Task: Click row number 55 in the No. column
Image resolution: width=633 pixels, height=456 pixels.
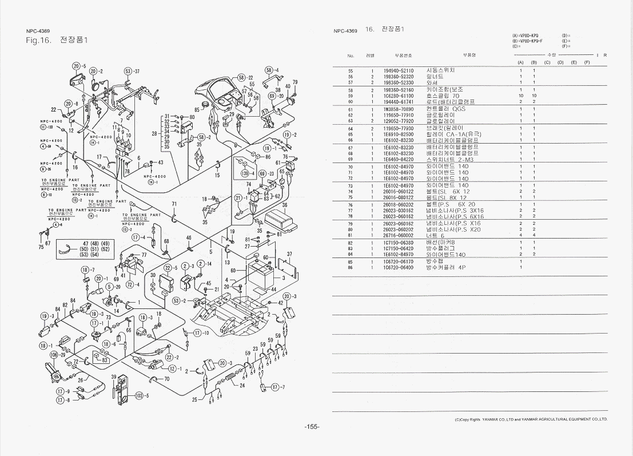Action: [x=351, y=70]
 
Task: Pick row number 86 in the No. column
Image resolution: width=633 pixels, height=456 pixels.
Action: [x=351, y=268]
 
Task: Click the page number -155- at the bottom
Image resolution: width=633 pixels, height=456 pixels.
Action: [x=312, y=427]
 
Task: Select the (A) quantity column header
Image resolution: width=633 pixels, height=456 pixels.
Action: [x=520, y=62]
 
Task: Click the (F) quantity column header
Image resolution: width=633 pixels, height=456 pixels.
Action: [x=587, y=62]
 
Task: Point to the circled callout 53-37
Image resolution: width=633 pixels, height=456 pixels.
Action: [x=131, y=72]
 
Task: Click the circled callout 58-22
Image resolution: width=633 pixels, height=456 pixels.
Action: [x=245, y=77]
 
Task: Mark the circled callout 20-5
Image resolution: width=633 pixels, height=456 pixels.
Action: [x=79, y=66]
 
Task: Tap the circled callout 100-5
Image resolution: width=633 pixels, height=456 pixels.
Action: [x=141, y=396]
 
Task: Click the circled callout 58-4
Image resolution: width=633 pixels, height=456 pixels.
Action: [x=272, y=70]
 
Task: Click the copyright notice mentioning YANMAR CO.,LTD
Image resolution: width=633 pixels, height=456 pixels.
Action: [x=531, y=419]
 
